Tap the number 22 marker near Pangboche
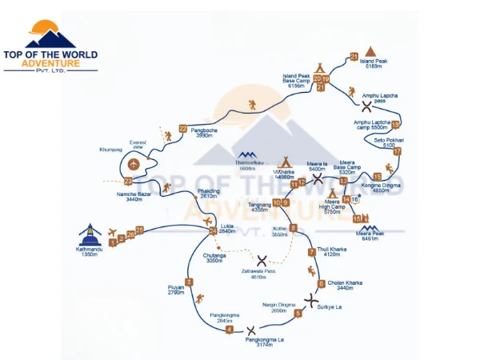coord(183,128)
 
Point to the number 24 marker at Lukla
coord(212,230)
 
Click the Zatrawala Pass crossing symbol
coord(262,261)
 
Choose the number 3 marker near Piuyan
coord(189,281)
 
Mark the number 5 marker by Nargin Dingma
coord(298,314)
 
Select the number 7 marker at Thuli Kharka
coord(312,253)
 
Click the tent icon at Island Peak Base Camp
coord(319,66)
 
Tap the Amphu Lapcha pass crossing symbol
coord(366,105)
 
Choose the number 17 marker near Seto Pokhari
coord(398,151)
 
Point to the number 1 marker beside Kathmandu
coord(113,242)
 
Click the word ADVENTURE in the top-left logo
coord(50,63)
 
